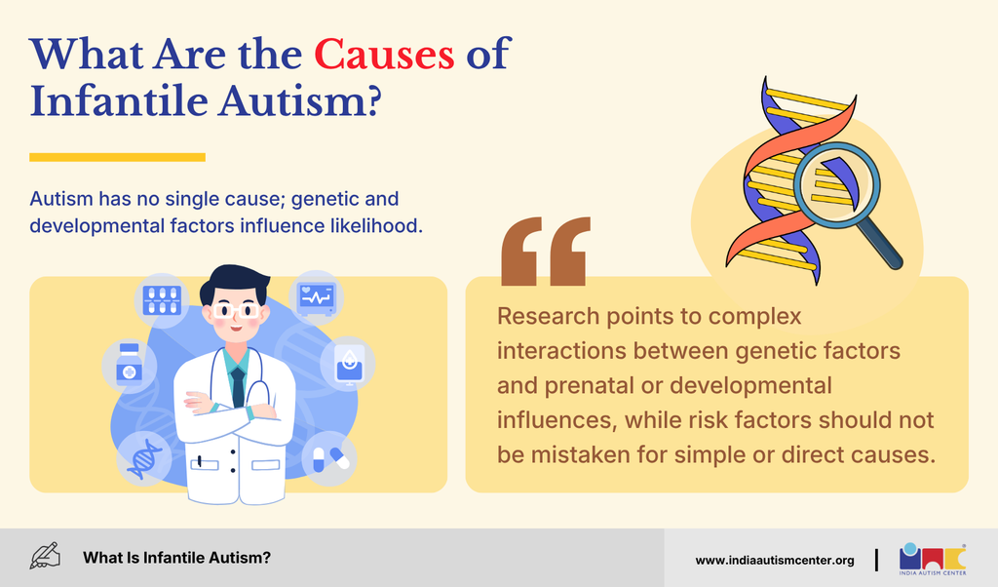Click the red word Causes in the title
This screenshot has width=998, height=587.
(384, 54)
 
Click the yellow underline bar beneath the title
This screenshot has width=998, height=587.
(117, 157)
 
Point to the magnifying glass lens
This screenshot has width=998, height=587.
(836, 185)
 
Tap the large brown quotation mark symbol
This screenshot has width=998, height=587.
(546, 251)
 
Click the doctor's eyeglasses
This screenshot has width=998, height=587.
(236, 311)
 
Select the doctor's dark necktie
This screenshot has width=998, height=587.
(238, 386)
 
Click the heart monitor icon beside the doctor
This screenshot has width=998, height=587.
(317, 297)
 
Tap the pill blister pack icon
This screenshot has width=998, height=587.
(162, 300)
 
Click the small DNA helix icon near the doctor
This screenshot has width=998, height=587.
(144, 458)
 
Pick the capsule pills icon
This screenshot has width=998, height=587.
(329, 458)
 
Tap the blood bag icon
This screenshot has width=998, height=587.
(348, 364)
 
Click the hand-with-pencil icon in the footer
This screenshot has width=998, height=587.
(45, 557)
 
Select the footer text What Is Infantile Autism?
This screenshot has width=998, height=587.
(177, 558)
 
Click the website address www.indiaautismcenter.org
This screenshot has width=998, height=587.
(775, 561)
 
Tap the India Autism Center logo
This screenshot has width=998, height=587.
(933, 559)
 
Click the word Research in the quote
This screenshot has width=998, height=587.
(548, 316)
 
